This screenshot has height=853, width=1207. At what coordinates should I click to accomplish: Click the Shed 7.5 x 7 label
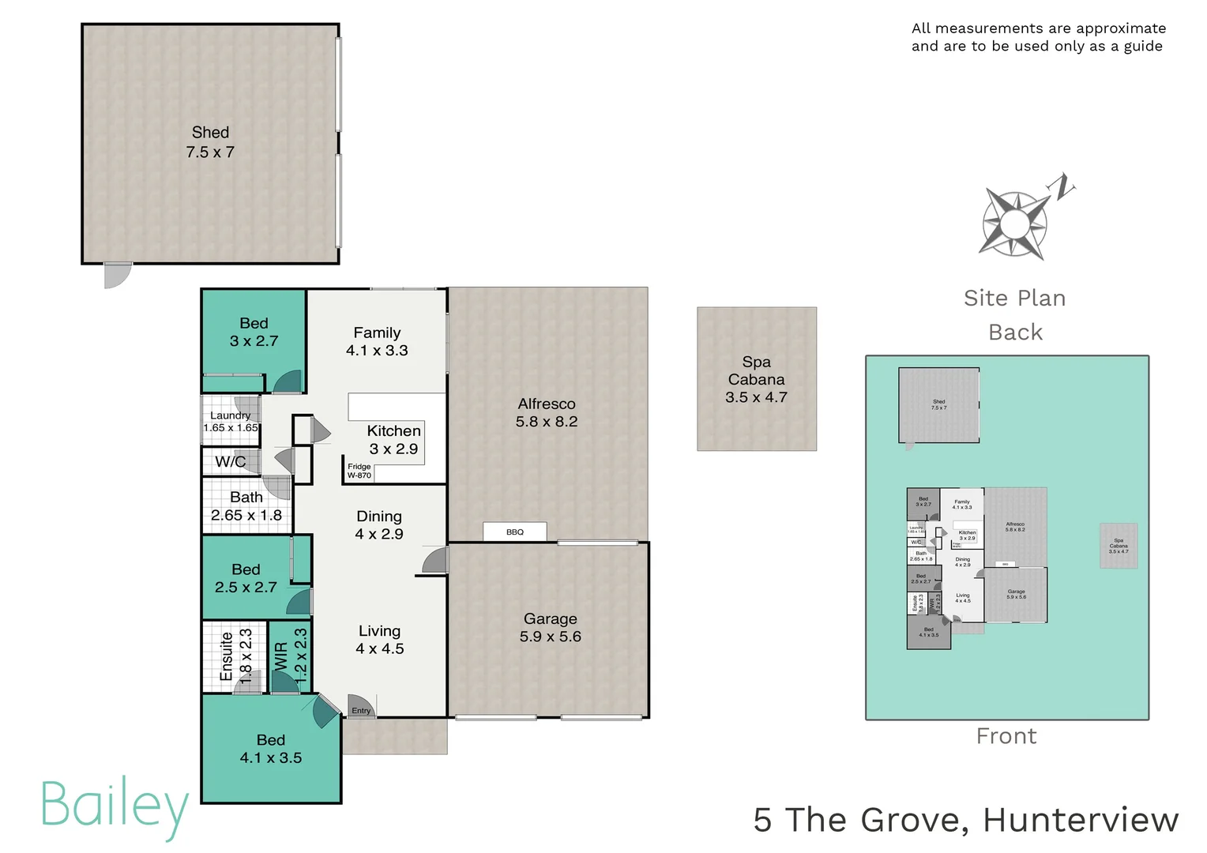(x=210, y=142)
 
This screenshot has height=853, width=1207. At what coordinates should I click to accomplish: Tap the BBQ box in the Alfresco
(x=515, y=532)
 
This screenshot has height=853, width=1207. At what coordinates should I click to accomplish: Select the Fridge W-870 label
(x=359, y=471)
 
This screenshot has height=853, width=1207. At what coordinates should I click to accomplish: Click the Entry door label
(x=361, y=711)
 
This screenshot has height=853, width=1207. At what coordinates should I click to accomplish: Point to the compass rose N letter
(x=1062, y=186)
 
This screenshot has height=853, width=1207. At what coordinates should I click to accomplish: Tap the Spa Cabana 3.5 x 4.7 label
(x=756, y=379)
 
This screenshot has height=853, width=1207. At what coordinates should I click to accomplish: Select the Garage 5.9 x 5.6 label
(x=550, y=628)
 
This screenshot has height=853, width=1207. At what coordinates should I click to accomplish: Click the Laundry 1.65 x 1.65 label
(x=231, y=422)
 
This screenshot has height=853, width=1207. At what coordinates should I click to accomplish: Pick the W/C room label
(x=230, y=462)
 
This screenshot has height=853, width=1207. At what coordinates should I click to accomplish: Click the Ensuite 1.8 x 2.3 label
(x=236, y=656)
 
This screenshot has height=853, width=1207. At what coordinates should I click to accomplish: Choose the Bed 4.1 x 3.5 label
(x=271, y=749)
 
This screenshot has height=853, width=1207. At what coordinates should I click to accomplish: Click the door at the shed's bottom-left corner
(x=117, y=275)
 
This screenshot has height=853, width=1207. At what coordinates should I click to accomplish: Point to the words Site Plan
(x=1014, y=299)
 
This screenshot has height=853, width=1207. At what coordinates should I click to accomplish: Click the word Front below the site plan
(x=1006, y=736)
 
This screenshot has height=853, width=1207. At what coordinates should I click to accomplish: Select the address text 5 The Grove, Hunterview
(x=965, y=820)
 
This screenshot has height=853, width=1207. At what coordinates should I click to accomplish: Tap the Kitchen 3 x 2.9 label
(x=393, y=440)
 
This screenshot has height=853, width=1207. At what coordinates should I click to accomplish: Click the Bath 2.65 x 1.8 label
(x=246, y=506)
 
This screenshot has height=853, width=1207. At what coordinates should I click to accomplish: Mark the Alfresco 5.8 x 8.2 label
(x=547, y=412)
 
